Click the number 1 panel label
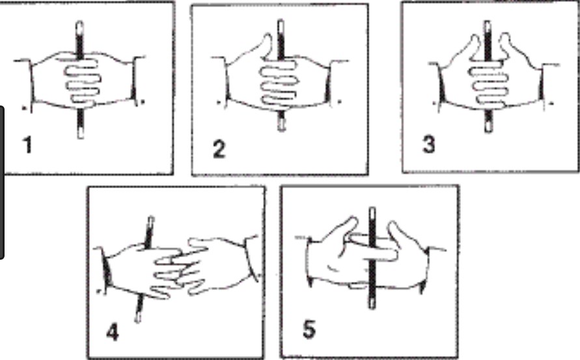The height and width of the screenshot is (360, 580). click(x=27, y=145)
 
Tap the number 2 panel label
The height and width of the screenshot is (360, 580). click(x=219, y=150)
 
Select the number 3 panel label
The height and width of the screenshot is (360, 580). click(x=429, y=145)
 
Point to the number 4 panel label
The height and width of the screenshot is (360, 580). click(x=113, y=332)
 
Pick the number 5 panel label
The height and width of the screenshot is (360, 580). click(x=309, y=329)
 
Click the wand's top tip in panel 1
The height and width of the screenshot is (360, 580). click(x=79, y=22)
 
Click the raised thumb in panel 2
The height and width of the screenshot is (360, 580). click(x=266, y=45)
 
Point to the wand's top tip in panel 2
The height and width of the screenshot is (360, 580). click(x=281, y=21)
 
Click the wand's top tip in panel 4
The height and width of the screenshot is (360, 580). click(x=151, y=217)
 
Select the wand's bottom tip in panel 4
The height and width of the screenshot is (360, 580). click(x=137, y=320)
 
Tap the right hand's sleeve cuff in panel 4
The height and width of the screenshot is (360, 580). click(x=251, y=257)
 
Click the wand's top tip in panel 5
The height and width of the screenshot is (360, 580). click(x=372, y=209)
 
